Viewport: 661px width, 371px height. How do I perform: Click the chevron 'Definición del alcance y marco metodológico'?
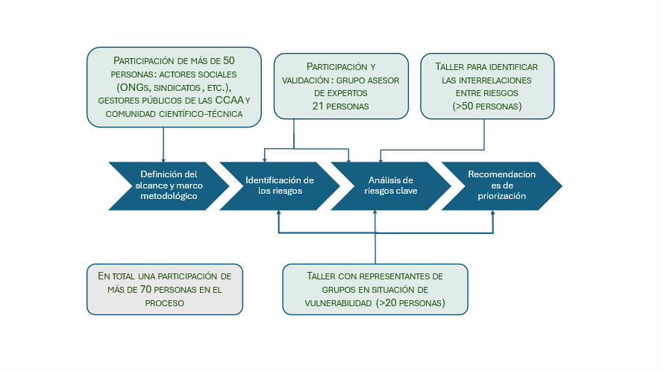tap(168, 185)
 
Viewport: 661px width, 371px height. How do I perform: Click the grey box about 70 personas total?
tap(164, 289)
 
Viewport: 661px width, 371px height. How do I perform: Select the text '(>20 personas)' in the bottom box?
tap(410, 303)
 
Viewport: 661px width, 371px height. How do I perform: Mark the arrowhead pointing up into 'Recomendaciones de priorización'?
tap(493, 215)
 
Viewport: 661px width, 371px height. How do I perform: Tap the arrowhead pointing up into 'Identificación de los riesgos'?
tap(279, 215)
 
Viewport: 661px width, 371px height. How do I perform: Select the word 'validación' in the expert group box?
tap(306, 80)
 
